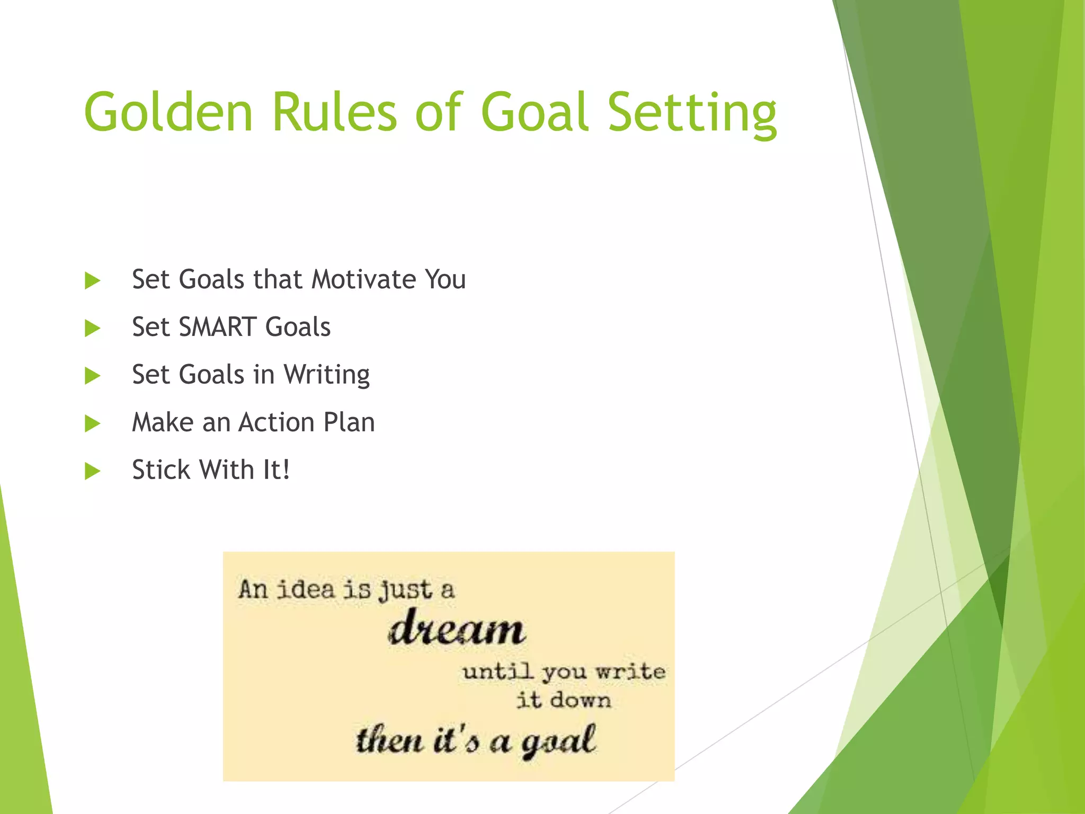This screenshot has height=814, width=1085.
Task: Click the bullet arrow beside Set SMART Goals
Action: [92, 328]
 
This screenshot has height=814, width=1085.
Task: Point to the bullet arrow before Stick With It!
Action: [92, 471]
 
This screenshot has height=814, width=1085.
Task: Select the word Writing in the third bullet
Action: [326, 375]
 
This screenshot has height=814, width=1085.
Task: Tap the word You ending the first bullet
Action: [445, 279]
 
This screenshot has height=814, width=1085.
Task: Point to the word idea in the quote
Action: [306, 589]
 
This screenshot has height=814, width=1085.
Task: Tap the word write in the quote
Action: [630, 672]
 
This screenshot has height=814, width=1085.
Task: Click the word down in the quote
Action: [580, 701]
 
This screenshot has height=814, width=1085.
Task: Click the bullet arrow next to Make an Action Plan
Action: [92, 423]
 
